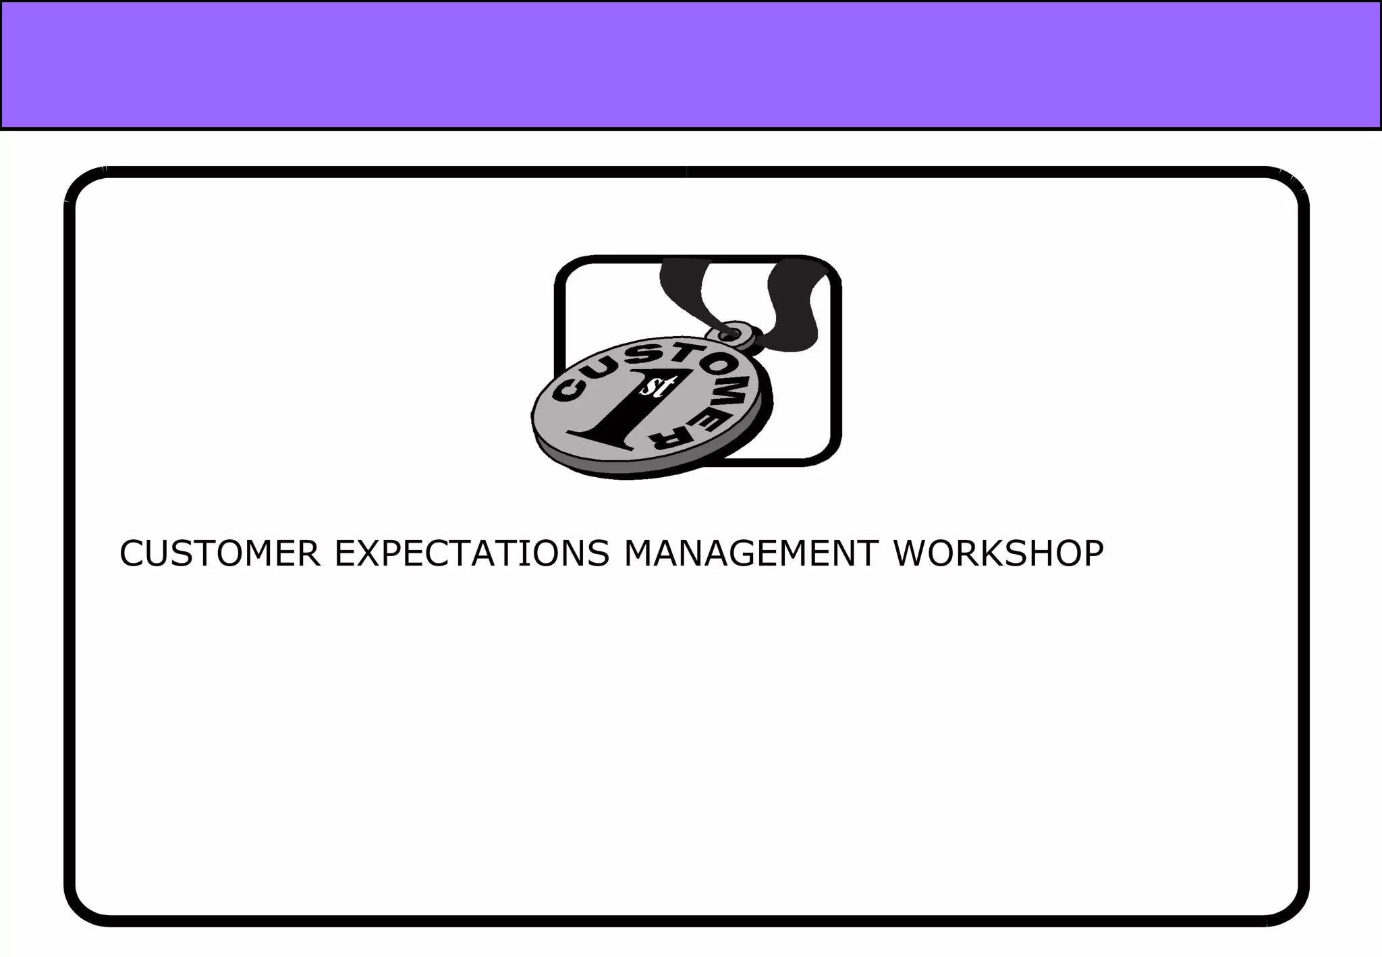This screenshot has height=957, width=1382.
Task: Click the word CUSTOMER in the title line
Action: point(219,553)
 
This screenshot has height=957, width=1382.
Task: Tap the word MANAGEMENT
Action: point(751,553)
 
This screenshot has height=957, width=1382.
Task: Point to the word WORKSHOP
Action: point(999,553)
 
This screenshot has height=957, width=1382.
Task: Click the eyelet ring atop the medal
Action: point(730,332)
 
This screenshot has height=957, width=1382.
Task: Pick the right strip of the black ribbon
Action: point(796,304)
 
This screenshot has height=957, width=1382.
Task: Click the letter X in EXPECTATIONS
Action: point(370,553)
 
